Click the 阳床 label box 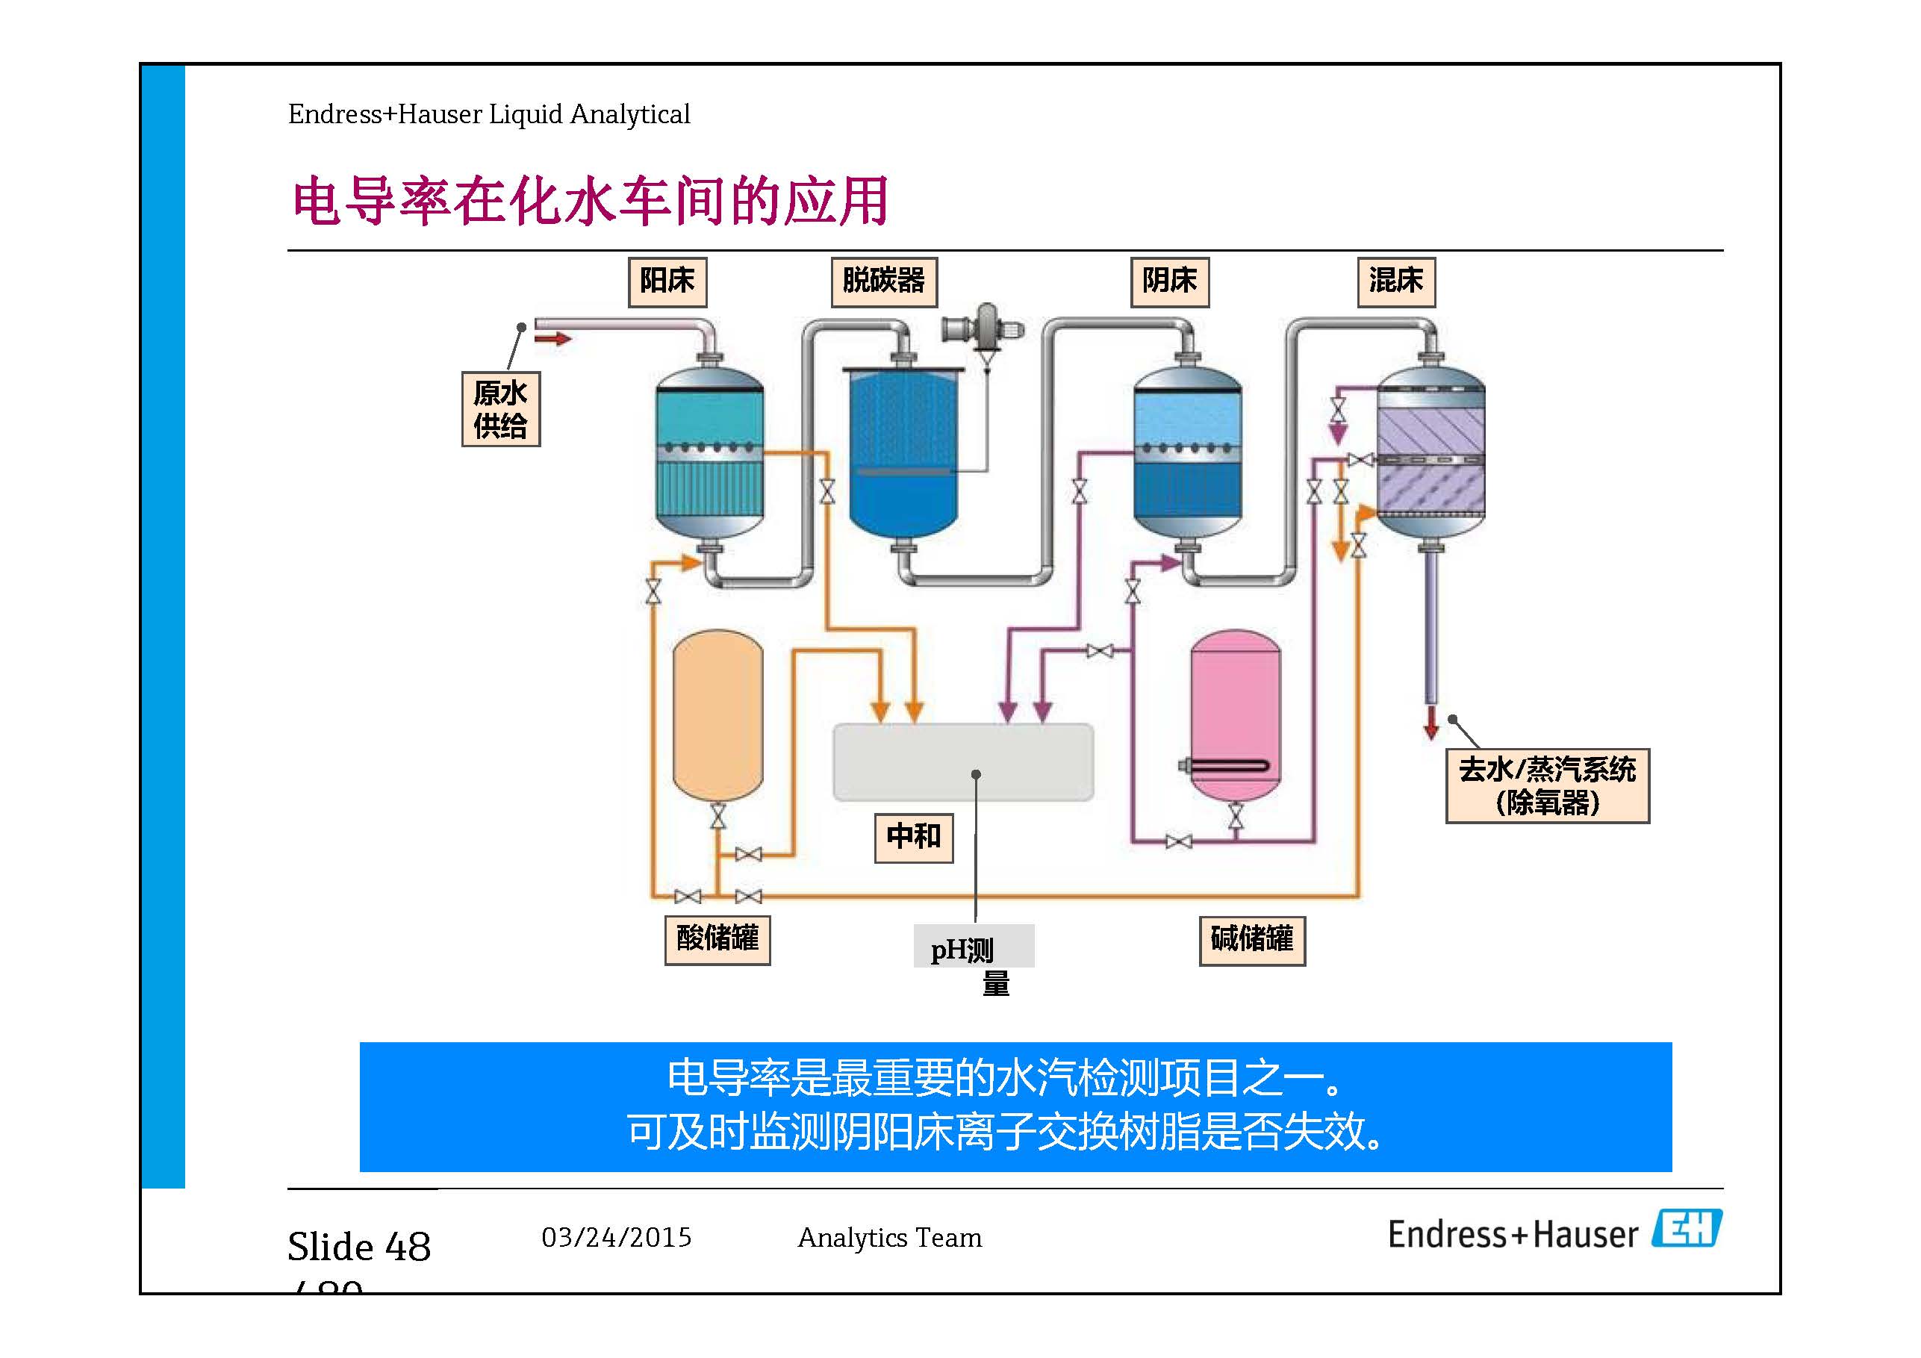(667, 282)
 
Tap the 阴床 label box (1169, 282)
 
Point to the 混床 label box (1395, 282)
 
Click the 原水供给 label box (500, 409)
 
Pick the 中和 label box (913, 837)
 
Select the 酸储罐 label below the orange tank (717, 940)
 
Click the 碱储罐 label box (1251, 941)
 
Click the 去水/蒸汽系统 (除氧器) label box (1546, 785)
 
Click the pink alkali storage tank (1234, 715)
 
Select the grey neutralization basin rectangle (962, 761)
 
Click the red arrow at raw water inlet (552, 339)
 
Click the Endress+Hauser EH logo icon (1686, 1229)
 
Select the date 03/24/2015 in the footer (617, 1238)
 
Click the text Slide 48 (359, 1247)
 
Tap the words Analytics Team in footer (888, 1238)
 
